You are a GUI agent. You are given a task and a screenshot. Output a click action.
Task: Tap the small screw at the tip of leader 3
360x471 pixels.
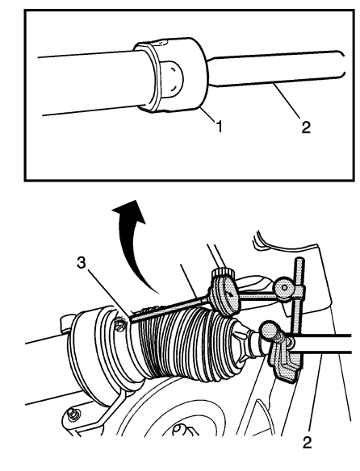(119, 324)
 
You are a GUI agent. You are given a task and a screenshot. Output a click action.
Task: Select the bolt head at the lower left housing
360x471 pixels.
(74, 415)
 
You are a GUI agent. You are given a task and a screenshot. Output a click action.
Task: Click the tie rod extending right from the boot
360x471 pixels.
(323, 343)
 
